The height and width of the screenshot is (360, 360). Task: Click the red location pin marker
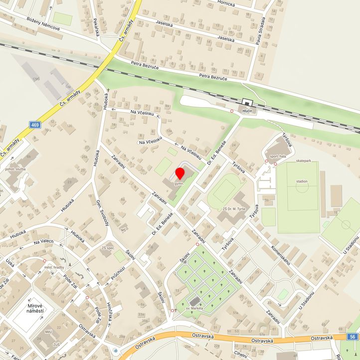180,174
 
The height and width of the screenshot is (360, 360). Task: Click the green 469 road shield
34,125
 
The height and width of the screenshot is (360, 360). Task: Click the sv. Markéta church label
192,309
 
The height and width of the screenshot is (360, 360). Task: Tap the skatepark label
303,161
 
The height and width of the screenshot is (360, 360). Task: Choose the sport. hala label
278,157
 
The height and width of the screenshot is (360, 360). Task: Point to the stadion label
302,181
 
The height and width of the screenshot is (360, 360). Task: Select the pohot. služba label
15,170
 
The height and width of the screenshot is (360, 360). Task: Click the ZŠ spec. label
108,248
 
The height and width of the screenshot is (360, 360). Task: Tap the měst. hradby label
55,268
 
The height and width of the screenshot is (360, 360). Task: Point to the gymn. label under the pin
180,183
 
